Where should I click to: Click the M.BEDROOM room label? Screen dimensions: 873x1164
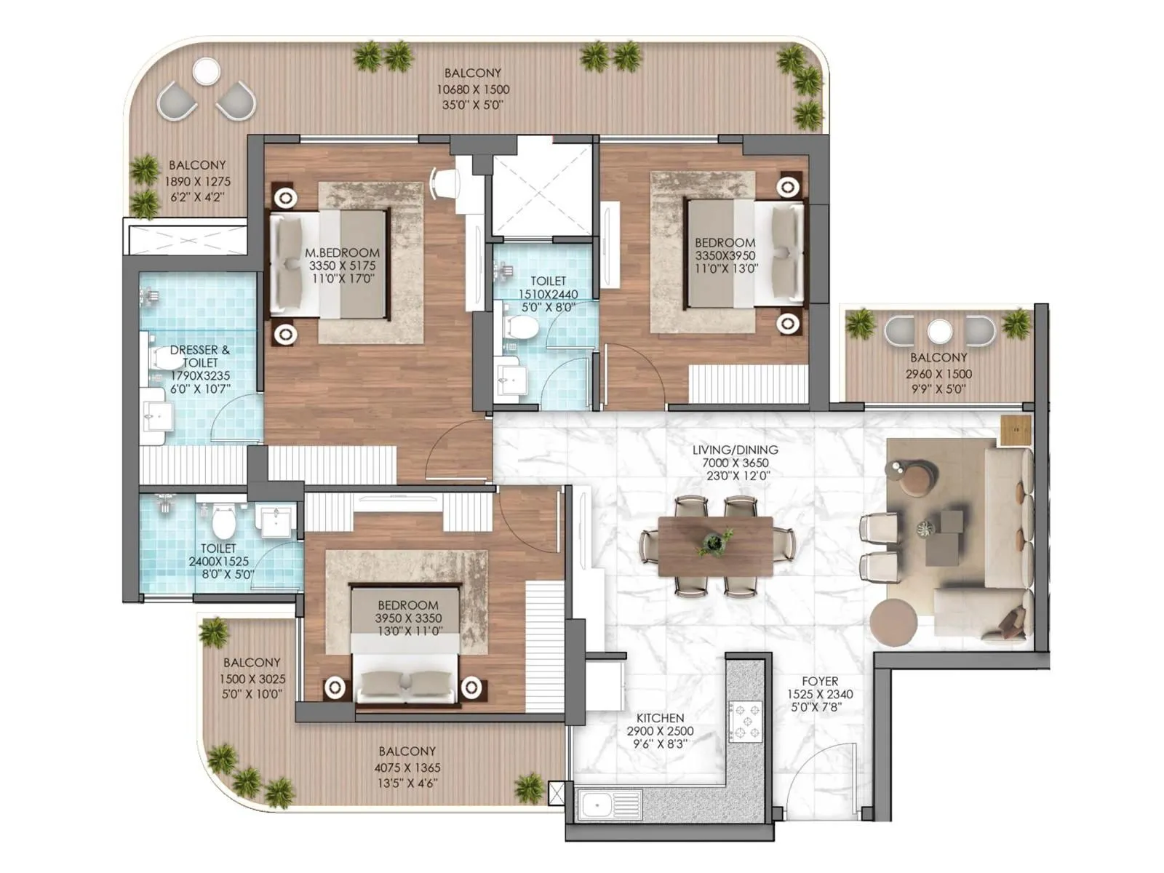click(342, 253)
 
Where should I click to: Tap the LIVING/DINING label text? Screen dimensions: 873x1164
click(735, 450)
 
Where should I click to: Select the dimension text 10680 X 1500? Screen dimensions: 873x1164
click(473, 89)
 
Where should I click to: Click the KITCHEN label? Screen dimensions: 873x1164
click(660, 718)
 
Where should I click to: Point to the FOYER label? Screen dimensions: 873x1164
click(820, 682)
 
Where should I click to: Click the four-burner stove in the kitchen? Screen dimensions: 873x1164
click(745, 721)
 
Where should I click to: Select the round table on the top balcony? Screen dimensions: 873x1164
click(206, 71)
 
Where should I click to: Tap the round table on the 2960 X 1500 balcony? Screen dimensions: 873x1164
click(939, 332)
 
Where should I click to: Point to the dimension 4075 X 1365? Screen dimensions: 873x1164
click(407, 768)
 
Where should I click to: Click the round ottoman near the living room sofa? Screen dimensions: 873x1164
click(893, 623)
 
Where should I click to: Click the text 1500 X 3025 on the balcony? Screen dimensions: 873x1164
click(252, 679)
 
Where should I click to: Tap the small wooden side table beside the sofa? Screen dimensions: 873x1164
click(1015, 431)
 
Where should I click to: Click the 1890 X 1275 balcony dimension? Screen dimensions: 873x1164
click(197, 182)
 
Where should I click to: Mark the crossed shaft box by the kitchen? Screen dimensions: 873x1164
click(557, 792)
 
